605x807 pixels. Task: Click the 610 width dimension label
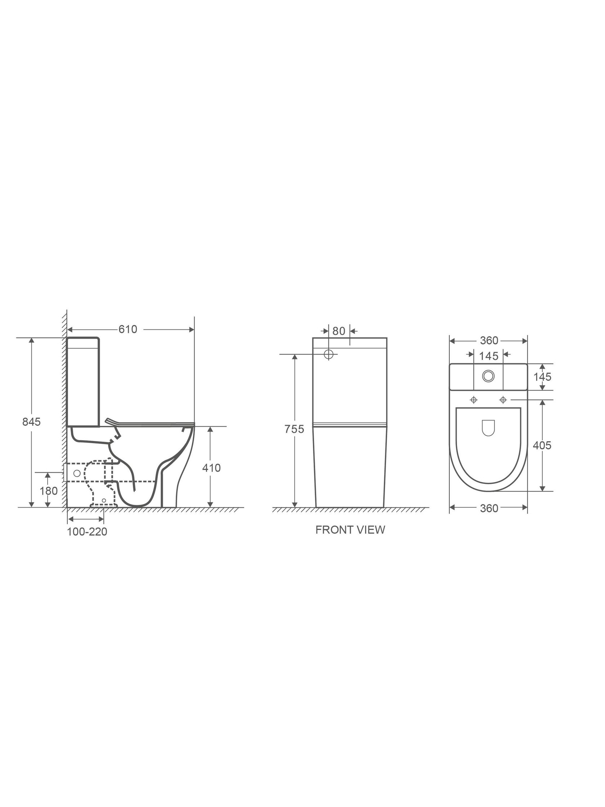click(x=127, y=329)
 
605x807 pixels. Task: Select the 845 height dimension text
click(x=31, y=422)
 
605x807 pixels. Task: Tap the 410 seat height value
click(x=211, y=468)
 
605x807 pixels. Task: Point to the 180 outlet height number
click(x=49, y=491)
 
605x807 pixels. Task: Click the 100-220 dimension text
click(x=87, y=531)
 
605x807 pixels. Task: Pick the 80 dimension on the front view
click(x=339, y=331)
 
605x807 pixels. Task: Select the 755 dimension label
click(x=294, y=429)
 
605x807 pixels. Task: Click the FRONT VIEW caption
click(x=350, y=530)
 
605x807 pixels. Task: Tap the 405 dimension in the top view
click(x=542, y=445)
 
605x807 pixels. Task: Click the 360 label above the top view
click(x=489, y=340)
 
